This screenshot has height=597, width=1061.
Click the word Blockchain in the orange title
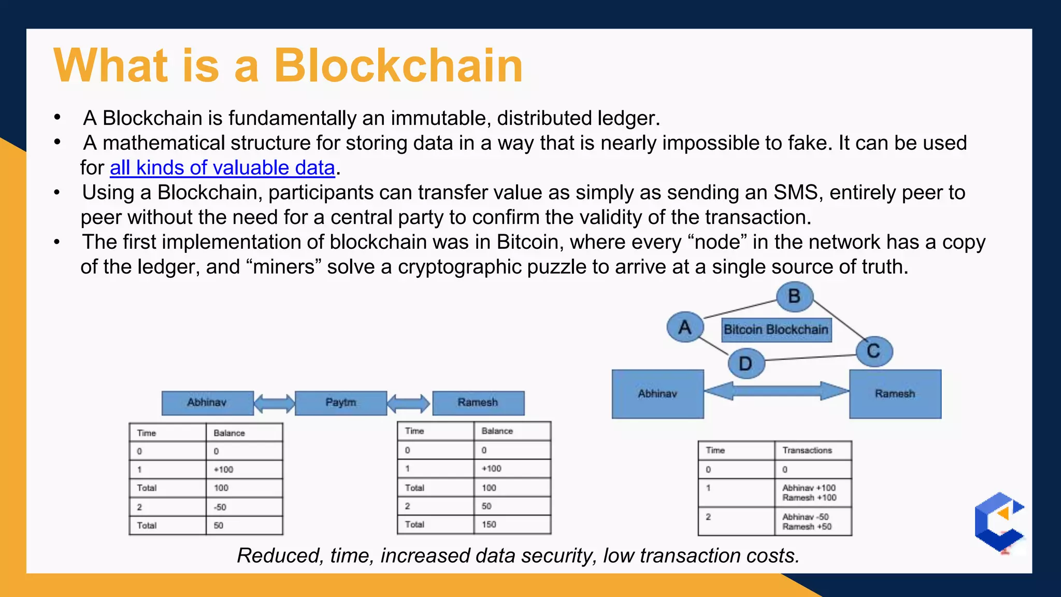[398, 66]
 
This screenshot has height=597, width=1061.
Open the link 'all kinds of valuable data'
[222, 168]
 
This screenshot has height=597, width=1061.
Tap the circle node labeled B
[794, 297]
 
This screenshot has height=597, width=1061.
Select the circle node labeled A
[685, 327]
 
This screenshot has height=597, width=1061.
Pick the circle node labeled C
[874, 351]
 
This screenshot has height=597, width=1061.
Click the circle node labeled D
[745, 363]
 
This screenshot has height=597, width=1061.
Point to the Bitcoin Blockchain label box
[776, 330]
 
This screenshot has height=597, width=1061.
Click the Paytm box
[341, 403]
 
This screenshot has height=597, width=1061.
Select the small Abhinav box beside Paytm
[207, 403]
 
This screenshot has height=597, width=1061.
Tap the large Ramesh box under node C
[895, 394]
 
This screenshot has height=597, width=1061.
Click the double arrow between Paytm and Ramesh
[409, 403]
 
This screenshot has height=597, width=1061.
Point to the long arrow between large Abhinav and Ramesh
[776, 391]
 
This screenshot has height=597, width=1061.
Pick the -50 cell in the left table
[243, 507]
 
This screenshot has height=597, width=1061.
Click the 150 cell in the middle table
[512, 524]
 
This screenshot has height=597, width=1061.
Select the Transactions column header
[812, 450]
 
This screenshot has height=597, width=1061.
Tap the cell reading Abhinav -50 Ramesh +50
[812, 521]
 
